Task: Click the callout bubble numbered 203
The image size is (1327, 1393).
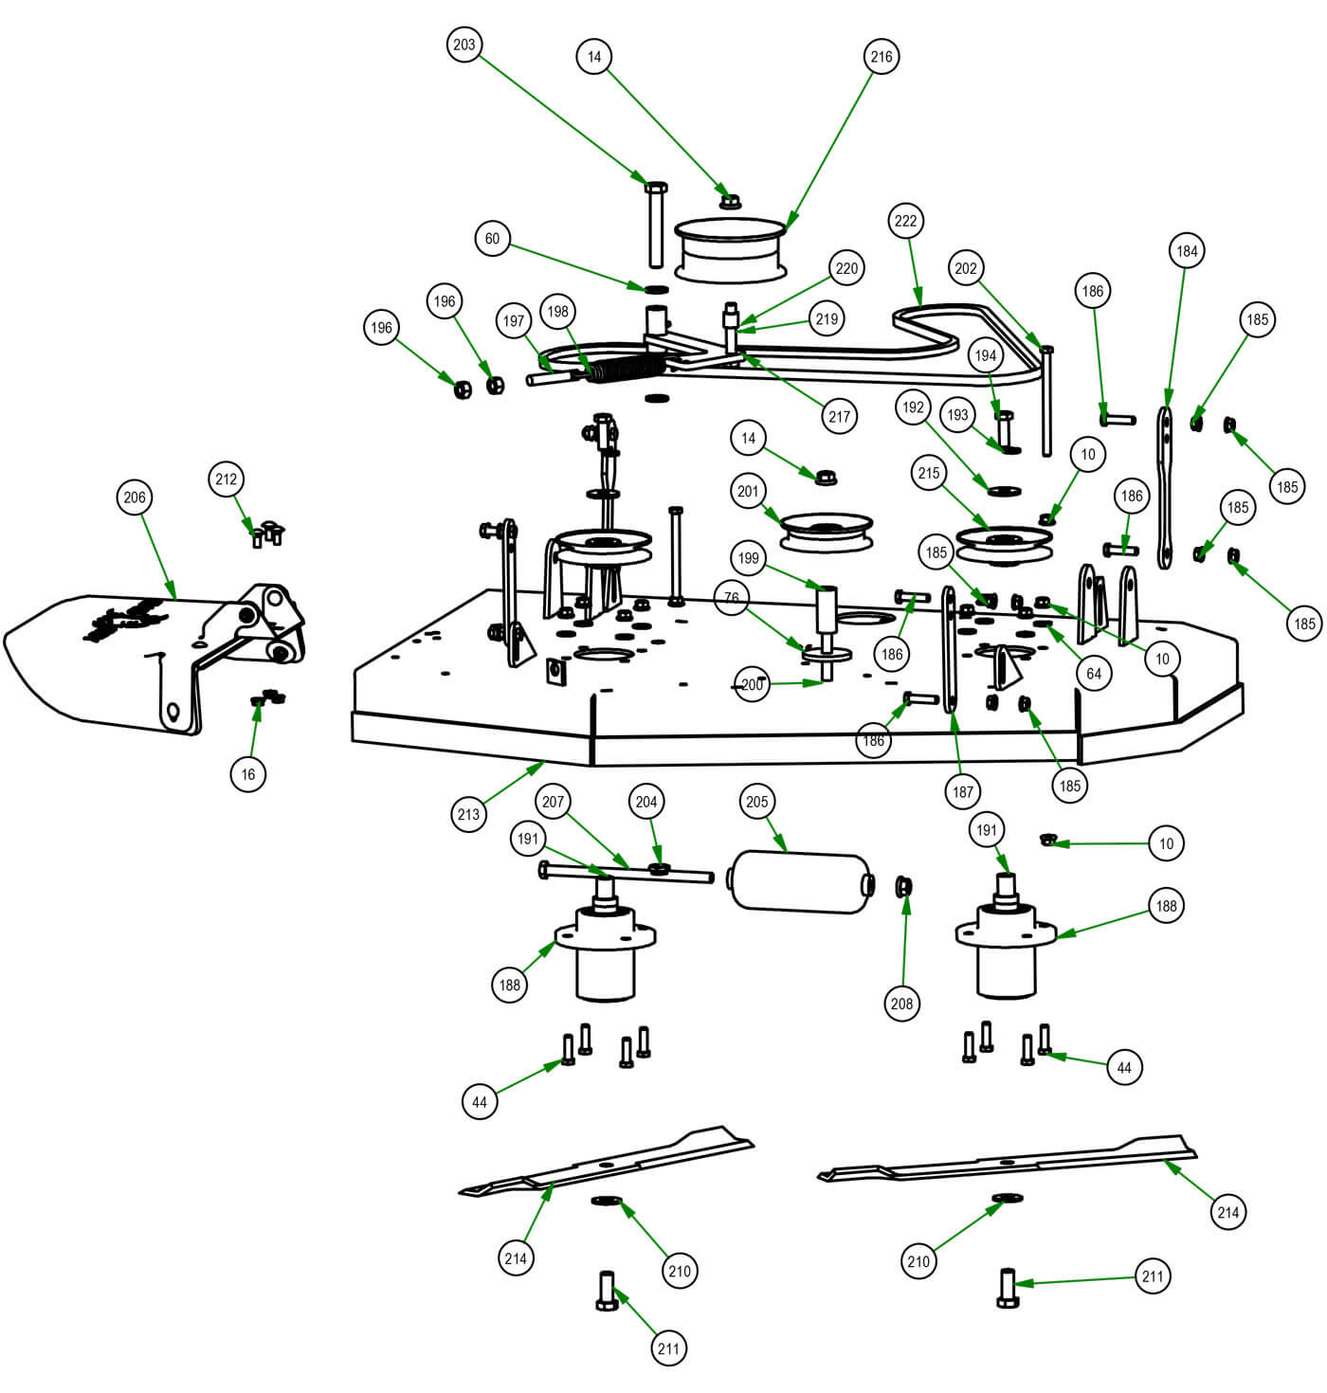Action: (x=464, y=45)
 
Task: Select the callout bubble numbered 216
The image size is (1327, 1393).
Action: (x=882, y=57)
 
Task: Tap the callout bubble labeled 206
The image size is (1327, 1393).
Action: (x=136, y=497)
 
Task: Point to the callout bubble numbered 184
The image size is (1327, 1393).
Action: (x=1187, y=251)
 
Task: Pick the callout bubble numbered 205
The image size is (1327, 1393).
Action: (x=756, y=802)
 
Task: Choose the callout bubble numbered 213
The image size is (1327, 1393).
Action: (x=469, y=814)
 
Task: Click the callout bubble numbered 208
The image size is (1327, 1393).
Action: (x=901, y=1004)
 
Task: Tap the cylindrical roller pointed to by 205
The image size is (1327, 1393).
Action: (x=799, y=882)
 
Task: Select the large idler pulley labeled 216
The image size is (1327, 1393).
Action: (x=731, y=249)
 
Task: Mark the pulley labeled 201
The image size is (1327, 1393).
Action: (x=825, y=531)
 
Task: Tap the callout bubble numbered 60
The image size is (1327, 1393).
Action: (x=492, y=239)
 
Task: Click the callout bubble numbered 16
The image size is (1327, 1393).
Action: (x=248, y=774)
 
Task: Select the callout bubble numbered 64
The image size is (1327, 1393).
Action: (x=1094, y=673)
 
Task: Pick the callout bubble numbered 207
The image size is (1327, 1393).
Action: (x=554, y=802)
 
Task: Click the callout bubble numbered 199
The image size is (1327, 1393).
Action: (x=749, y=557)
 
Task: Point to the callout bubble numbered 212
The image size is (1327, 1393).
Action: (x=227, y=479)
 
